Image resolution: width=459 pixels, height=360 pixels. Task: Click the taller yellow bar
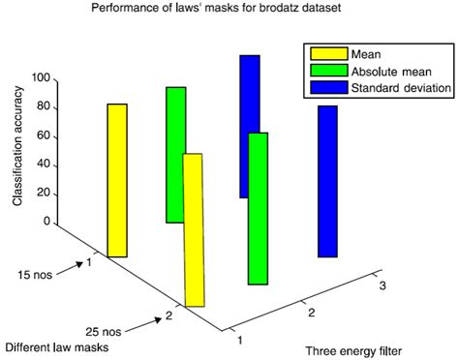(x=117, y=180)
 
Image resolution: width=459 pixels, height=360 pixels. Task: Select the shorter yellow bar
(x=194, y=229)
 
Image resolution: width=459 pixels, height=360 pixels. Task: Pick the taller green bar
(x=175, y=155)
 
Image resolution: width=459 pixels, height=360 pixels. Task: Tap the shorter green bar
(x=258, y=208)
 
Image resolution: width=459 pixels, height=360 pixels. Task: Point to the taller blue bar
(x=250, y=126)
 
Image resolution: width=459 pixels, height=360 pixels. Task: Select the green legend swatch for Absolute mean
(x=326, y=71)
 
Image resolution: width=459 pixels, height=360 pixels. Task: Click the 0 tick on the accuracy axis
(x=46, y=222)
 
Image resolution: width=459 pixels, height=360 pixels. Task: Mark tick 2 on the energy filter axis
(x=311, y=314)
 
